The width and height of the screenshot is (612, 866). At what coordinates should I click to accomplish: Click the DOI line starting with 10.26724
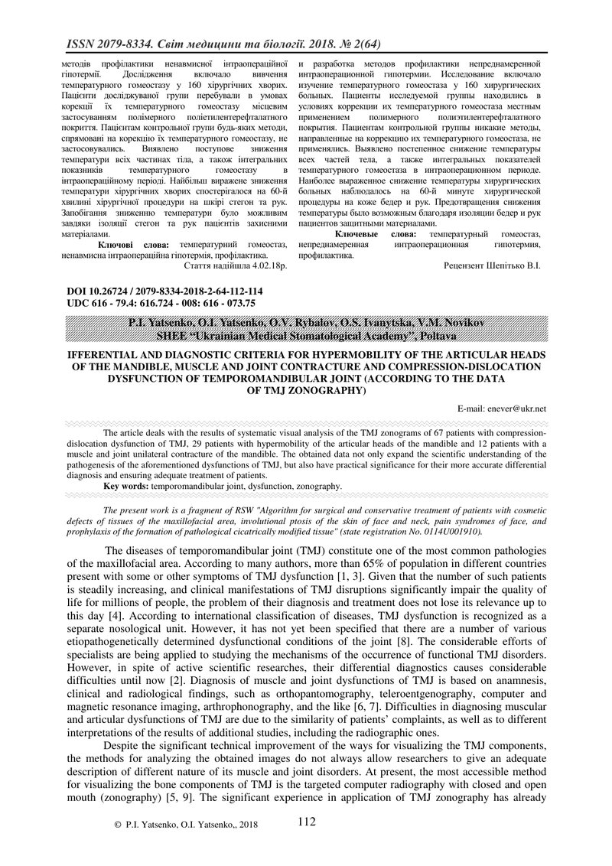coord(164,291)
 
